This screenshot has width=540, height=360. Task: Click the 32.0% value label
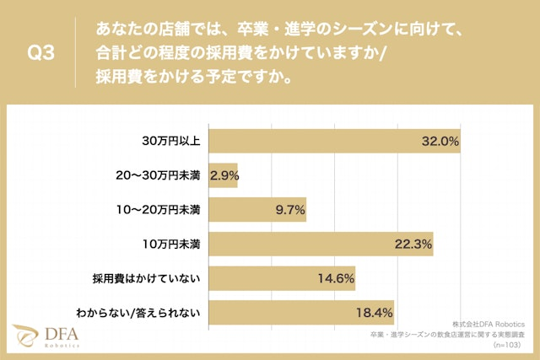tap(440, 142)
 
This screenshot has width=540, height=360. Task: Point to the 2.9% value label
tap(224, 175)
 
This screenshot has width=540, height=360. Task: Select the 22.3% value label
tap(413, 244)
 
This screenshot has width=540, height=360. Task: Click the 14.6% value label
tap(335, 278)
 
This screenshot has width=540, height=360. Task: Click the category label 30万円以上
tap(170, 141)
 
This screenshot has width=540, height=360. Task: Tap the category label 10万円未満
tap(171, 244)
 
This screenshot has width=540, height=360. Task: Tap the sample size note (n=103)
tap(510, 345)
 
